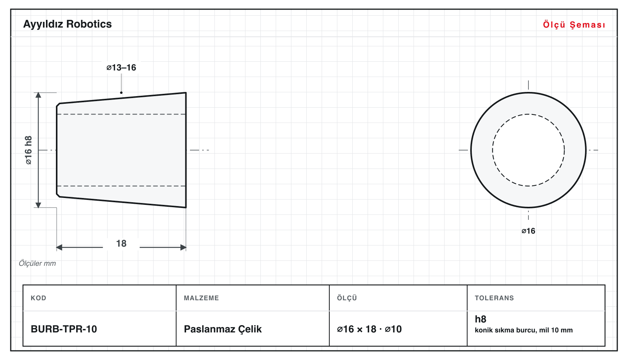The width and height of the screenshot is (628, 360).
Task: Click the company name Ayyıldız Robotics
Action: tap(67, 24)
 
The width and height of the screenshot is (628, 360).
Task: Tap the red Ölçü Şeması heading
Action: tap(574, 25)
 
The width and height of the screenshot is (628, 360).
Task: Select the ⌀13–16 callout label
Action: tap(121, 67)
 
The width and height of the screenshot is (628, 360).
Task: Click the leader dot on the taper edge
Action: tap(121, 93)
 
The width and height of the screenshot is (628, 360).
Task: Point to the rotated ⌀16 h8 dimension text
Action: tap(29, 150)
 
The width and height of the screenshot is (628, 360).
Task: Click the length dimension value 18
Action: tap(121, 243)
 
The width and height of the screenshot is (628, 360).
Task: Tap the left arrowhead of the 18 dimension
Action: tap(59, 247)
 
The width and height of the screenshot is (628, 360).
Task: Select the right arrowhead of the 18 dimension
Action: tap(183, 247)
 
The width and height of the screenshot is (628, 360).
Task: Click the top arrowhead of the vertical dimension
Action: tap(38, 95)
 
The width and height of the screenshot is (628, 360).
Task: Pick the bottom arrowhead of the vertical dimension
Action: tap(38, 205)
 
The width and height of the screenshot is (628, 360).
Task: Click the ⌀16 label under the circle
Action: tap(528, 231)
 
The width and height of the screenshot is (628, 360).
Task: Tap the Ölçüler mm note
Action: tap(37, 263)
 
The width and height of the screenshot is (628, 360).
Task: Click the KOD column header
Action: tap(38, 298)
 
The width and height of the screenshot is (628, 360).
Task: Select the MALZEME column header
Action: tap(201, 298)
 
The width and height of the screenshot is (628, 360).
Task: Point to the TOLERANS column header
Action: tap(494, 298)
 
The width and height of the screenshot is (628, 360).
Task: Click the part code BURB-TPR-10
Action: tap(64, 329)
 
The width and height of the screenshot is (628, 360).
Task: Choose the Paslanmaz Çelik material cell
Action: tap(222, 329)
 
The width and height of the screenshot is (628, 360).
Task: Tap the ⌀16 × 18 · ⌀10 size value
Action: tap(369, 329)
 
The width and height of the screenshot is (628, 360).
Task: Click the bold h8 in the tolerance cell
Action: tap(481, 319)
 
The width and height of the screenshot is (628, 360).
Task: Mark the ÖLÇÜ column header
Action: tap(347, 298)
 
